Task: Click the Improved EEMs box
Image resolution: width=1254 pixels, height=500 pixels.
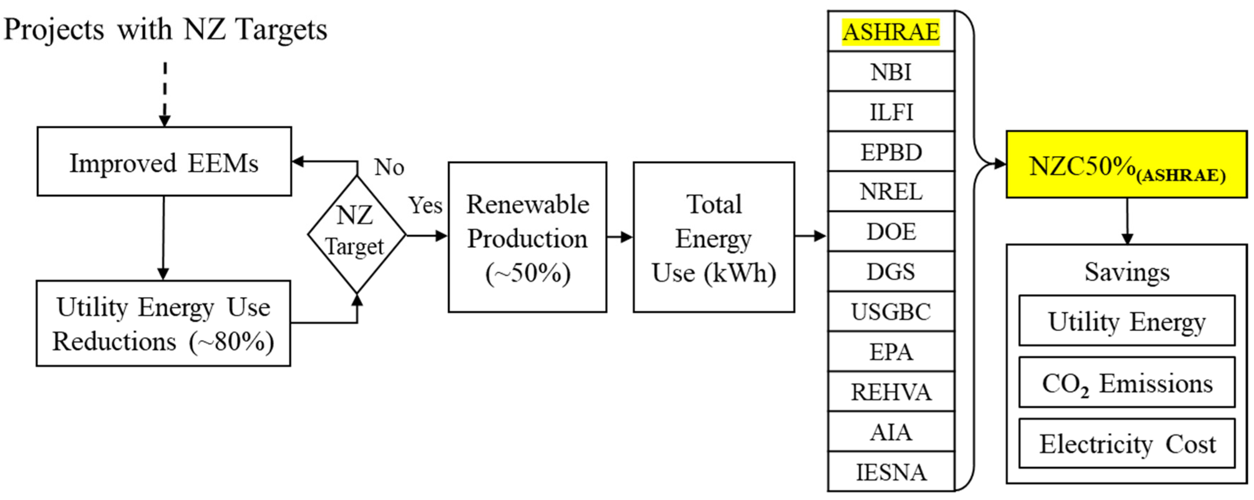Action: pos(164,162)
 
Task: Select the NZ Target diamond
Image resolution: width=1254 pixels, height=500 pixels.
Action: pos(356,234)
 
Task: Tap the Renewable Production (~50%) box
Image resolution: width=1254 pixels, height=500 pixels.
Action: pos(527,237)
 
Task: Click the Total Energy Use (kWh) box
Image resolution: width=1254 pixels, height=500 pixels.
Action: pos(714,237)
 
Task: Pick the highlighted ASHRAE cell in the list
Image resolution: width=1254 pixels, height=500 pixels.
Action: pos(891,32)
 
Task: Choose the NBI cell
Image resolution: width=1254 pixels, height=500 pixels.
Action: pos(891,72)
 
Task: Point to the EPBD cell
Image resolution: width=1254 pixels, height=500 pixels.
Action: pos(891,152)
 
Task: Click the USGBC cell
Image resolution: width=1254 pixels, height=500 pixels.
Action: pos(891,311)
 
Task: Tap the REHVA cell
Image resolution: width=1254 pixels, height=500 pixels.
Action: pos(891,391)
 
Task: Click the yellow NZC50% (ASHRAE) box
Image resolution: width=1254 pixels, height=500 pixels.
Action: pos(1126,165)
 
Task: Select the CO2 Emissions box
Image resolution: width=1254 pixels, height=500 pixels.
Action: pos(1126,383)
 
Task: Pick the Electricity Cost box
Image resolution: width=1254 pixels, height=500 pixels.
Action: pos(1126,444)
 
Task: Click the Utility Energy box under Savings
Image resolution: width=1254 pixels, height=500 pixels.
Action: pos(1126,321)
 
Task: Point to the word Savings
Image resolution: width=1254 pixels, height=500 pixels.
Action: pos(1126,272)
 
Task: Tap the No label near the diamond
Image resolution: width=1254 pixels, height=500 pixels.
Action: pos(389,167)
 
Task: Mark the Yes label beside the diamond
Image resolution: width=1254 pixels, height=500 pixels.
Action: pos(425,205)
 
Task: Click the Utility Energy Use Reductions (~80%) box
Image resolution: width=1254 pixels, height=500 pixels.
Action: pos(163,323)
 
